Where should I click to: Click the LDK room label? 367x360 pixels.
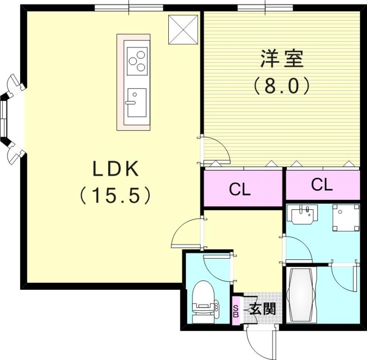116,169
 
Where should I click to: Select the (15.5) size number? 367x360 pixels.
116,196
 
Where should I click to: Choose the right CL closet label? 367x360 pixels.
322,185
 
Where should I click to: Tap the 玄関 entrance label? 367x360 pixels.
263,308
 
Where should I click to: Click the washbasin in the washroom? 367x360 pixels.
302,214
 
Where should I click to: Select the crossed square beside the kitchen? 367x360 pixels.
183,29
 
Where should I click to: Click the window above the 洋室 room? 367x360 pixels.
265,7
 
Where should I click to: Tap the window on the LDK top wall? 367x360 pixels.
129,7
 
